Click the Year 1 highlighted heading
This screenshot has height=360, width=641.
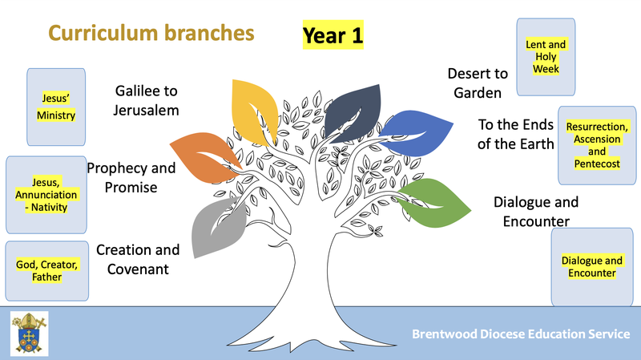[333, 35]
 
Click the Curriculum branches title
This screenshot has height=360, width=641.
[151, 33]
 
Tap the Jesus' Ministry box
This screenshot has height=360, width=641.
[56, 107]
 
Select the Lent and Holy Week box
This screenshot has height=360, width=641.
[546, 57]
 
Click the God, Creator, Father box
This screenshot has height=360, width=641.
[47, 271]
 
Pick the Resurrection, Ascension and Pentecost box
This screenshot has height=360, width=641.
[597, 145]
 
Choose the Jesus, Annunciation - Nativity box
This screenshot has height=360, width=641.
[46, 195]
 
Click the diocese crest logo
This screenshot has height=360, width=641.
[29, 334]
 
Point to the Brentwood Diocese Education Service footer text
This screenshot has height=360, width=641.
[521, 334]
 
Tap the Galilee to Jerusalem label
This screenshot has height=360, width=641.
[146, 101]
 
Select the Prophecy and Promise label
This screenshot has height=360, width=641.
[131, 177]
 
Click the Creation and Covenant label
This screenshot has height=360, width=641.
[138, 259]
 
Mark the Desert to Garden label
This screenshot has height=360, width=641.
[478, 83]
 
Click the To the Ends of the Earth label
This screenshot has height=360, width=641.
[516, 134]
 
